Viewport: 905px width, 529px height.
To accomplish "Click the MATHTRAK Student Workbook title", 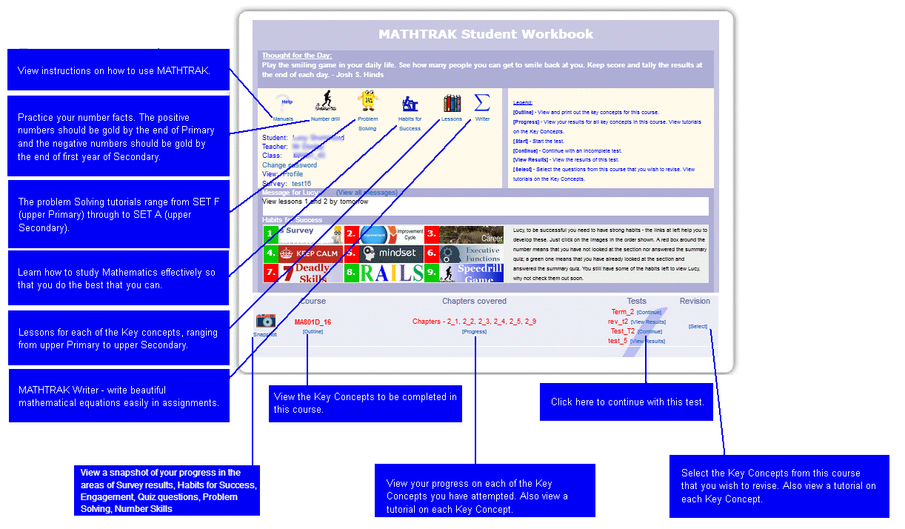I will [486, 34].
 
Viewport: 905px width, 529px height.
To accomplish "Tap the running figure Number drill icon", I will [325, 102].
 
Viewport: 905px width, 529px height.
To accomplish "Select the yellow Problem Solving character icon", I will [367, 102].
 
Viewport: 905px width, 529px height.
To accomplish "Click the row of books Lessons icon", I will [452, 103].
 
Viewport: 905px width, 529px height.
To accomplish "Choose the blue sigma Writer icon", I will [482, 102].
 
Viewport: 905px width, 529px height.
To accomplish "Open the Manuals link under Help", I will [283, 119].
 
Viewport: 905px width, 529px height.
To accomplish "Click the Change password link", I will [289, 165].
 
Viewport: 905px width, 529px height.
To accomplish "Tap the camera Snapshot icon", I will [265, 321].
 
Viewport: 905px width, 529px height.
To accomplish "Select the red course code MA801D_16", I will [313, 322].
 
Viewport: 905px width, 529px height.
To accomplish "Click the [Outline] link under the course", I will [313, 332].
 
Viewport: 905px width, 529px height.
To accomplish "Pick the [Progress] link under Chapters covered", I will [474, 332].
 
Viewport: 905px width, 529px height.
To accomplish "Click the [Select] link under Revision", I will [698, 327].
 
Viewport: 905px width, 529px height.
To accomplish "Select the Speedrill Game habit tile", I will [472, 273].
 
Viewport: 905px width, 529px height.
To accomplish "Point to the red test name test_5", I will [618, 341].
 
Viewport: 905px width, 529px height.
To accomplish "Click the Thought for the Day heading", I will [297, 56].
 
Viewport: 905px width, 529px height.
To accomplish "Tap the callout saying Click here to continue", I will [627, 402].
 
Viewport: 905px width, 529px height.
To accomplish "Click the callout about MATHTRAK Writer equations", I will [118, 396].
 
